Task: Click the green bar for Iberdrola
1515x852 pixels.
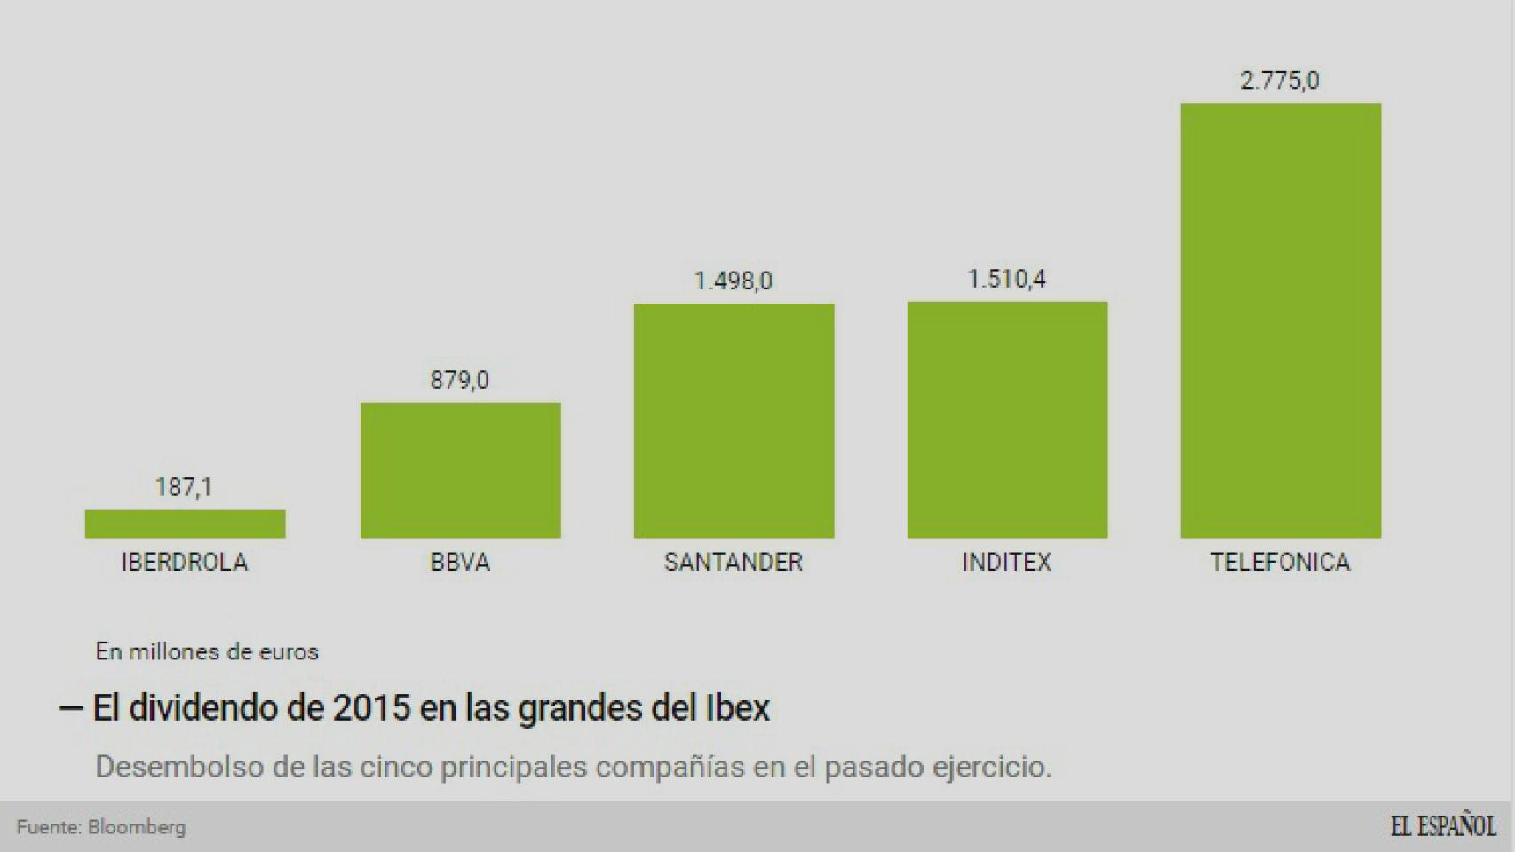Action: (x=185, y=524)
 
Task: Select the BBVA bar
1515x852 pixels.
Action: (x=460, y=470)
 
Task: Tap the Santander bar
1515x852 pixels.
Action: (x=734, y=421)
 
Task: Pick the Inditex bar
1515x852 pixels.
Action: (x=1007, y=420)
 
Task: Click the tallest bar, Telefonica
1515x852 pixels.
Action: (x=1280, y=320)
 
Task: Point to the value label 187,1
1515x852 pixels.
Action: (x=184, y=487)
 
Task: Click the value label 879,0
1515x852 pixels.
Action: (x=459, y=381)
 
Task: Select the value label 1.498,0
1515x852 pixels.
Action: (x=733, y=281)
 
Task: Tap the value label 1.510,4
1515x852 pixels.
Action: (x=1006, y=280)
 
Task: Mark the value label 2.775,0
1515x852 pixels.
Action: (x=1280, y=81)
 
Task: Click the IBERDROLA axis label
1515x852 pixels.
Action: (x=185, y=562)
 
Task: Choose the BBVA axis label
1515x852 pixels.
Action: (x=460, y=562)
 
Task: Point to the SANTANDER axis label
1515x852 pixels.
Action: (x=734, y=562)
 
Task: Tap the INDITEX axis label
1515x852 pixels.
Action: (x=1007, y=562)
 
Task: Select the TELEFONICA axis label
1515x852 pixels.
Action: (x=1280, y=562)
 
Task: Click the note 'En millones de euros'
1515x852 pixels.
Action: (x=207, y=651)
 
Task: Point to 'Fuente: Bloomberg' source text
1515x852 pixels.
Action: (x=101, y=827)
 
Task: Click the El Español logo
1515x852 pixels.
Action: (x=1442, y=826)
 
